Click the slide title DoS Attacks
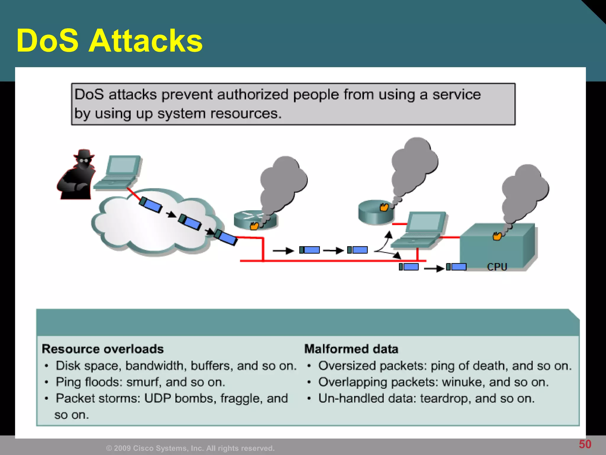(109, 41)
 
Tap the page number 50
(585, 444)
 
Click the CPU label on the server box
(497, 267)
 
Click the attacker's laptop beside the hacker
(118, 172)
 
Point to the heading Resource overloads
(103, 349)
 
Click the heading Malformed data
(351, 349)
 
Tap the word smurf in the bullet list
(144, 382)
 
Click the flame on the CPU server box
(497, 236)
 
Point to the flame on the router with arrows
(254, 226)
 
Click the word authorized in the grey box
(253, 95)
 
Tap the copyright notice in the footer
(190, 448)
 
